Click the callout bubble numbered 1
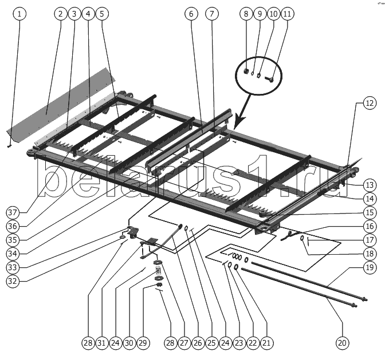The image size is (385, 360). pos(19,13)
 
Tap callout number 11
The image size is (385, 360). pos(286,13)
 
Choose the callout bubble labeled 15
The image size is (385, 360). pos(370,212)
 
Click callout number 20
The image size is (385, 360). pos(342,343)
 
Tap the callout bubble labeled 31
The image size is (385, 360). pos(101,343)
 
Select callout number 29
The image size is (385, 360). pos(143,343)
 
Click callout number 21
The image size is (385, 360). pos(266,343)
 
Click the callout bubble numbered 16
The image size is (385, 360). pos(370,226)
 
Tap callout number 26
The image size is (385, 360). pos(198,343)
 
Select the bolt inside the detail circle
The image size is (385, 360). pos(270,75)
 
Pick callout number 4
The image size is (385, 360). pos(87,13)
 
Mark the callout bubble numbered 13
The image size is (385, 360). pos(370,185)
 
